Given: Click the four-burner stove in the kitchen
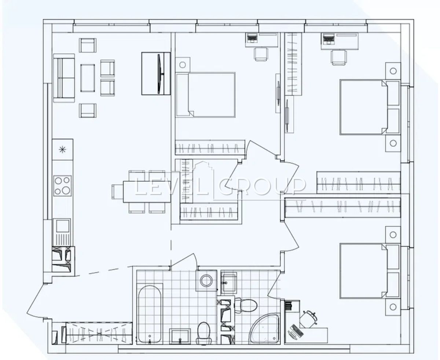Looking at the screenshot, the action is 62,186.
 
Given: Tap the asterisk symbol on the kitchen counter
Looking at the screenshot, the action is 62,149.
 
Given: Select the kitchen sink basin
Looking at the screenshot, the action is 62,226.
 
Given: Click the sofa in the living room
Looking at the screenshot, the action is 64,78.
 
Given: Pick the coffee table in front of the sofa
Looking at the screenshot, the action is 88,78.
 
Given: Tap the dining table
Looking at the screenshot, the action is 147,192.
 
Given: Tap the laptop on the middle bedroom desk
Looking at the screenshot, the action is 252,39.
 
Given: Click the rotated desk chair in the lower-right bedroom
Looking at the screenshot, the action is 309,318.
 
